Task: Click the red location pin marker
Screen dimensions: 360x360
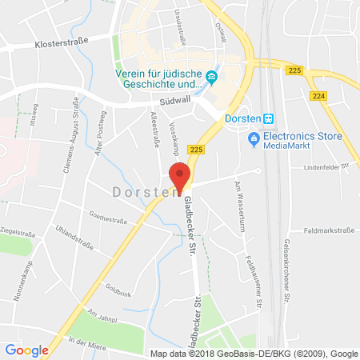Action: [x=182, y=174]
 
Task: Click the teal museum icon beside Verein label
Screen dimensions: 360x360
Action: [x=212, y=77]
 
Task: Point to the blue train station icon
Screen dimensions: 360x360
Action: [x=270, y=117]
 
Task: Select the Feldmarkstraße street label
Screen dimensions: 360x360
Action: [x=330, y=230]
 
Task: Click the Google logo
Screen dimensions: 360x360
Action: [x=26, y=350]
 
